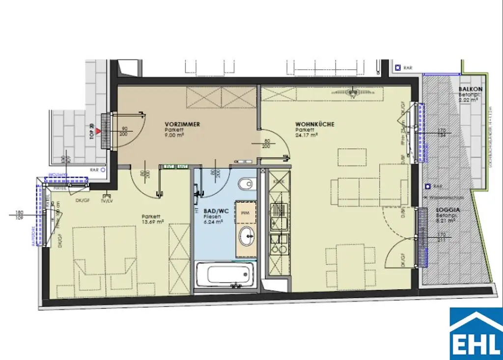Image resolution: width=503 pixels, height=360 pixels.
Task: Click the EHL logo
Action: [476, 333]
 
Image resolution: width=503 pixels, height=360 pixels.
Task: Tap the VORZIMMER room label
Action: [182, 124]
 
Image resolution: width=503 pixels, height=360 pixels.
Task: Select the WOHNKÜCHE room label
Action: [314, 124]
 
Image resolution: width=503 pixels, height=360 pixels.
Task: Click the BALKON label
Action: [470, 89]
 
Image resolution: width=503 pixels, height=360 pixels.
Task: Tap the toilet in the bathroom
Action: [245, 185]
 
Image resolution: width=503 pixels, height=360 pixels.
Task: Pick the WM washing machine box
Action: [246, 213]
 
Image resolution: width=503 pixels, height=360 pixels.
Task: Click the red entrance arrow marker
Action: [99, 131]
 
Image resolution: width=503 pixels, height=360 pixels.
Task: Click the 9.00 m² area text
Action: [175, 135]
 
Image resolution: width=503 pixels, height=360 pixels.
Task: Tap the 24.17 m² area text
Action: [307, 135]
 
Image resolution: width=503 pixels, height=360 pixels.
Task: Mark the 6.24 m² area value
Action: [214, 222]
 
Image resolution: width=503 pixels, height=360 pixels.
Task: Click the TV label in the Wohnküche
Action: [353, 97]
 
